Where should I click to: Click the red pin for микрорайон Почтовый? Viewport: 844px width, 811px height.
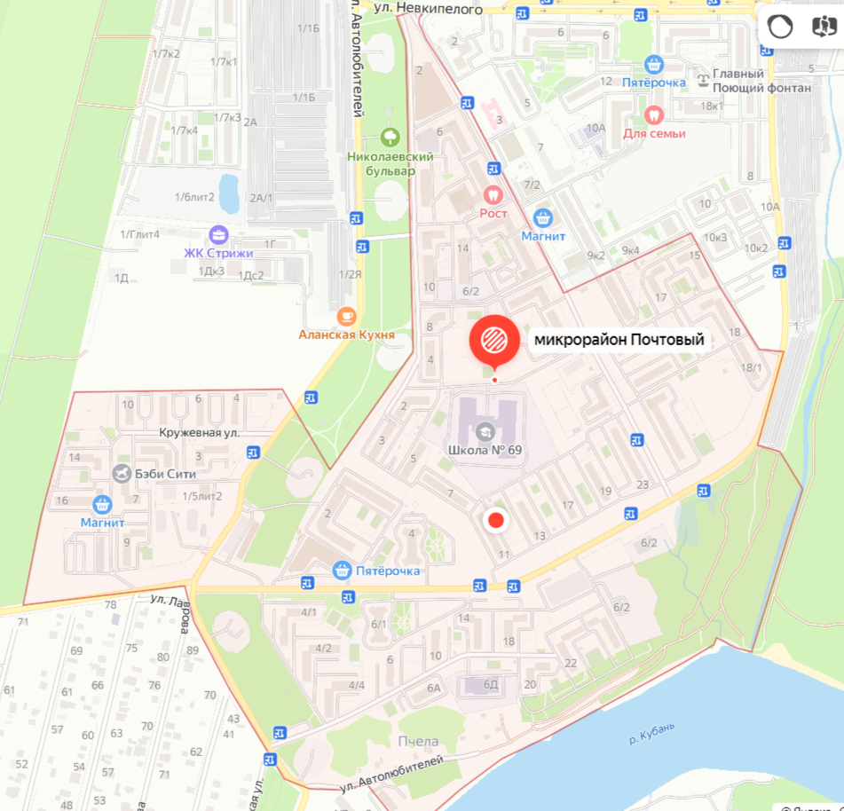pos(494,339)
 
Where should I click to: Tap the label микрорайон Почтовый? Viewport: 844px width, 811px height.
pos(619,339)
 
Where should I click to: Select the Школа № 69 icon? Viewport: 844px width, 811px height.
pos(484,432)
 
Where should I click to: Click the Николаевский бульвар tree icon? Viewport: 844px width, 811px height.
pos(389,137)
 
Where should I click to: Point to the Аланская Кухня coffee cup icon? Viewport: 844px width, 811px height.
pos(346,315)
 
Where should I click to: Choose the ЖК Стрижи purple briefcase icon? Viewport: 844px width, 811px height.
pos(217,235)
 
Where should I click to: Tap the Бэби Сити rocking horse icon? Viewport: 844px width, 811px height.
pos(122,473)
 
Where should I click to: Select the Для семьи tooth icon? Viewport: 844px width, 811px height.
pos(654,114)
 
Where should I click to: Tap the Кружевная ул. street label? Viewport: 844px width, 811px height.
pos(200,432)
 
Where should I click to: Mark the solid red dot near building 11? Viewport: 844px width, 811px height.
pos(496,521)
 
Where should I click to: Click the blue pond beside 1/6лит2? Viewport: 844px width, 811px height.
pos(228,193)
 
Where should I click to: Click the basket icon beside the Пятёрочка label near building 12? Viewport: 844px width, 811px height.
pos(654,64)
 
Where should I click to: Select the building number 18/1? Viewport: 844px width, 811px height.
pos(751,367)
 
